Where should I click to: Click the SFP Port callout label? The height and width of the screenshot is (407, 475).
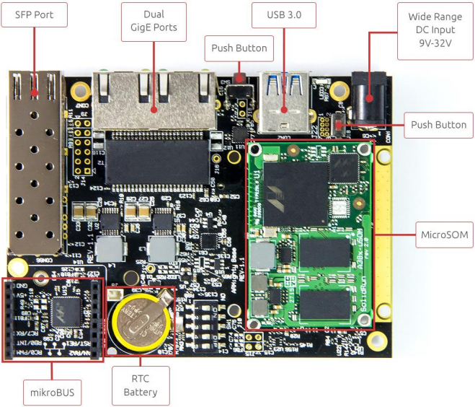coord(34,14)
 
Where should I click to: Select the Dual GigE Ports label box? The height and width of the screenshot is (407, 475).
coord(154,21)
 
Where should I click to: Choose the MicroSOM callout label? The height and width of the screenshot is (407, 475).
coord(444,235)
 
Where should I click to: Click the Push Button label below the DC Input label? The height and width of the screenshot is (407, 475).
coord(438,125)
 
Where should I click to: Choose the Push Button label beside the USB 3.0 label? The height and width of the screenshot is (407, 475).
coord(239,48)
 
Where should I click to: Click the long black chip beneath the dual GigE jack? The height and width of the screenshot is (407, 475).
coord(155,158)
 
